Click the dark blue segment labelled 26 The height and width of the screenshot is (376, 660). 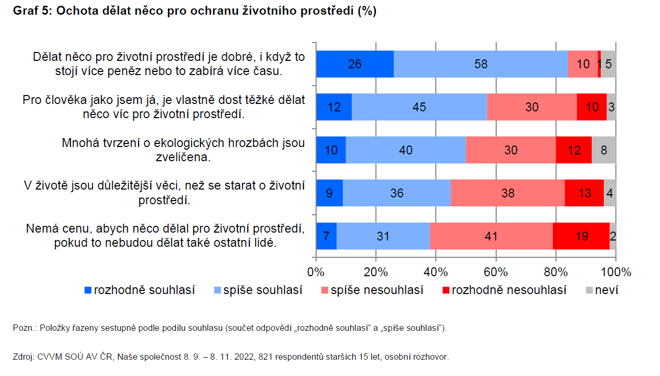point(355,64)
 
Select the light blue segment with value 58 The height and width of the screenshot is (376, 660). point(480,64)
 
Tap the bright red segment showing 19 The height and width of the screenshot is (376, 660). point(581,236)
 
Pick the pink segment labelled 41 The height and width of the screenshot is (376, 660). point(491,236)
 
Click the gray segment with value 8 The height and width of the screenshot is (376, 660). point(603,150)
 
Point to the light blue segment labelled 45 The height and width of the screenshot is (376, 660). point(419,107)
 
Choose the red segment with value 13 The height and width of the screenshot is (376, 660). point(584,193)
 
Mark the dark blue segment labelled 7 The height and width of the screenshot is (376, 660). point(326,236)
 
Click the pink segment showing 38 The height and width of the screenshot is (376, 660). point(507,193)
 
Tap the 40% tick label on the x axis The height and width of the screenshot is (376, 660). point(436,272)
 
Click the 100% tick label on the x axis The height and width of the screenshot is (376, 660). point(615,272)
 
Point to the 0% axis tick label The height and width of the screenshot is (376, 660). point(316,272)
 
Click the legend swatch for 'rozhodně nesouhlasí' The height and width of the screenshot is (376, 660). point(446,290)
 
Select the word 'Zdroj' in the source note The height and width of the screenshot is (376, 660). point(23,357)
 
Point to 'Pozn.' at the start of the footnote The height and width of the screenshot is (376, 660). point(23,328)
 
